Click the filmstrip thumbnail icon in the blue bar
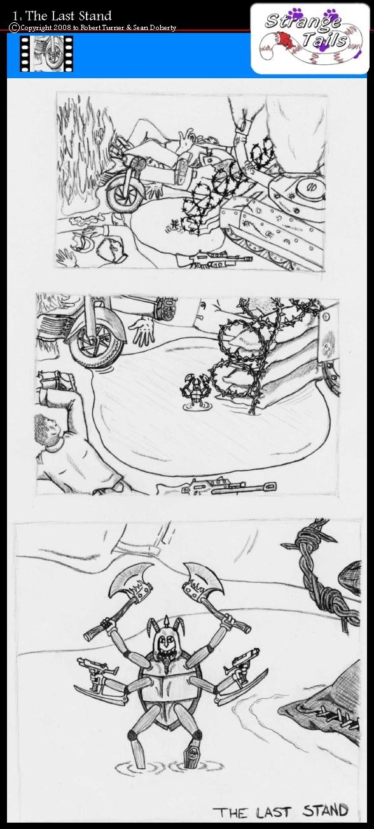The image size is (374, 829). pos(46,53)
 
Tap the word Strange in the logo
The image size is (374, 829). pos(303,21)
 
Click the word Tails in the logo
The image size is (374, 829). pos(324,39)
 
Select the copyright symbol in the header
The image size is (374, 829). pos(15,27)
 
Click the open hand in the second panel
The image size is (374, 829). pos(142,330)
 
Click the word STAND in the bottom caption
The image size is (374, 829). pos(326,810)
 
